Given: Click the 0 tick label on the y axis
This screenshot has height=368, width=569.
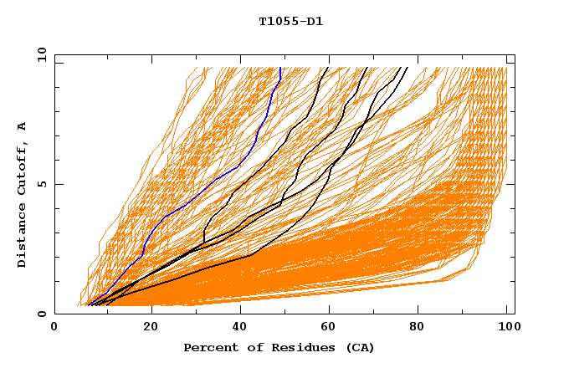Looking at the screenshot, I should click(42, 314).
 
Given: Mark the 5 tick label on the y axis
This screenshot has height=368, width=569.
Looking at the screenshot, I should click(42, 184).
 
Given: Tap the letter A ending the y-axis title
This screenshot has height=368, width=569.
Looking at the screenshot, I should click(22, 126).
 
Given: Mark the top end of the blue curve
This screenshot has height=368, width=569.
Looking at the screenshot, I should click(279, 68).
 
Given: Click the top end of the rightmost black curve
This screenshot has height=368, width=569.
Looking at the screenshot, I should click(408, 68).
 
